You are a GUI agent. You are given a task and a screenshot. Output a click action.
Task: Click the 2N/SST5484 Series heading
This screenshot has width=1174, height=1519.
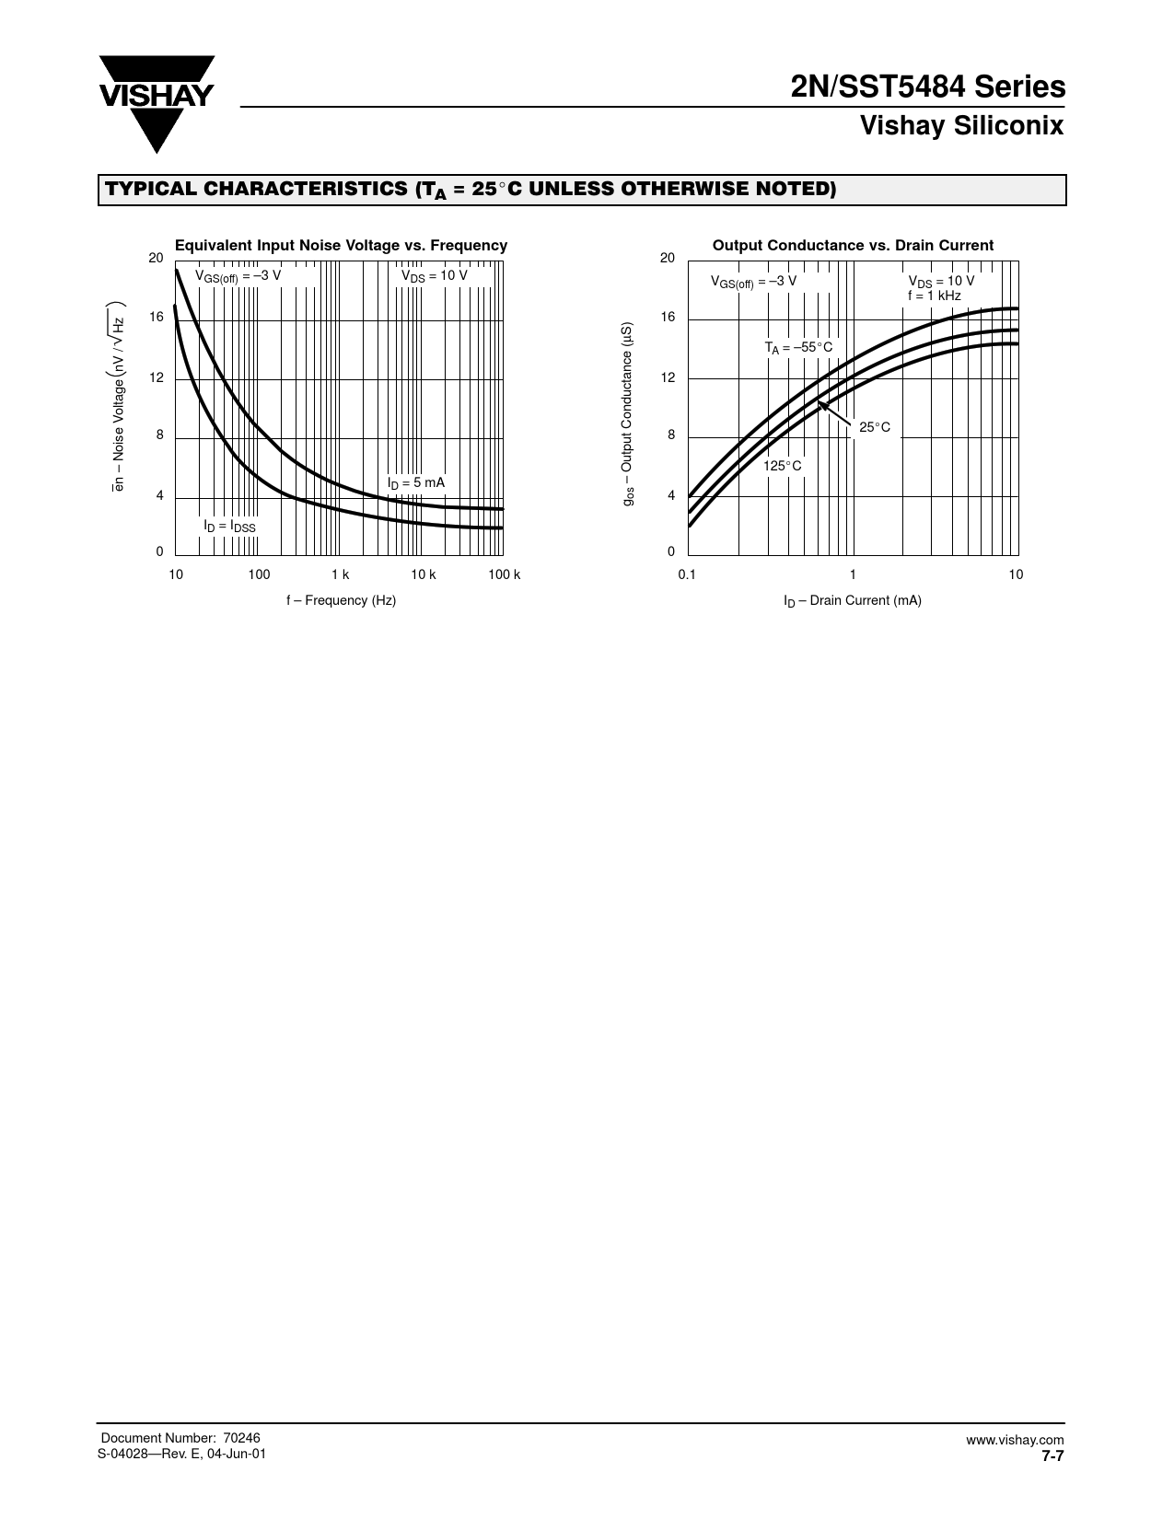[928, 87]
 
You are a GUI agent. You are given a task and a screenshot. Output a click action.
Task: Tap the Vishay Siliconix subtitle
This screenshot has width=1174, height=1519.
[961, 126]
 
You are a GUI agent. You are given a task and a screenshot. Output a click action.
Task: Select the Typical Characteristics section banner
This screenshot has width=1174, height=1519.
[582, 190]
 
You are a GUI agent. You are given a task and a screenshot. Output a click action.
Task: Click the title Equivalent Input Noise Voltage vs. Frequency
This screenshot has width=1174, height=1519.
[341, 246]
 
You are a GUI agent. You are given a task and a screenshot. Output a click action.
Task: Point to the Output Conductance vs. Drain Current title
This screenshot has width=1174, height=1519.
[853, 246]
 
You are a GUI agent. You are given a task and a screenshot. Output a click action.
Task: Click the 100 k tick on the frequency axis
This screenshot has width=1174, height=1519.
[504, 575]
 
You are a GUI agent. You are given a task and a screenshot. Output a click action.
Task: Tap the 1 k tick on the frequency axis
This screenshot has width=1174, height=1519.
[341, 575]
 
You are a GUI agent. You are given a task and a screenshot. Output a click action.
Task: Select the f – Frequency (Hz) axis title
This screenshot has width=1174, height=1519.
[341, 600]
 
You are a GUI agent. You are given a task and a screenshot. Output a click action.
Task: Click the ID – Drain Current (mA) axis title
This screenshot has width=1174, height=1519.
[853, 601]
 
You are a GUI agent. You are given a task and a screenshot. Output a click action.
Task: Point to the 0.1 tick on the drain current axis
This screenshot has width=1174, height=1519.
[687, 575]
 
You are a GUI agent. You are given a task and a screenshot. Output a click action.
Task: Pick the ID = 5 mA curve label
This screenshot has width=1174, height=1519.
[415, 483]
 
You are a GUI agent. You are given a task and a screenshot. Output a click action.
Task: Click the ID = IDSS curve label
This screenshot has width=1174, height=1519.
[229, 526]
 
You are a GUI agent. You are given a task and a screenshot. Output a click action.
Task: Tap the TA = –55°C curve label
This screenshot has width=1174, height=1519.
[797, 347]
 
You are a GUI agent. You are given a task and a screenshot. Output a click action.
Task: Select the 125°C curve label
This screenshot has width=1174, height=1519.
[782, 466]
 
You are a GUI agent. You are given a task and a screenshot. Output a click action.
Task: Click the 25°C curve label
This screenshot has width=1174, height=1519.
[875, 428]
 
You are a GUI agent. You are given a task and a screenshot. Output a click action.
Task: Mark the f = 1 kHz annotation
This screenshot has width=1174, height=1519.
[934, 296]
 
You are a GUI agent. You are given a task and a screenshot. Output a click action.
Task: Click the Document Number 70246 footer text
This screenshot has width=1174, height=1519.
[180, 1438]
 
